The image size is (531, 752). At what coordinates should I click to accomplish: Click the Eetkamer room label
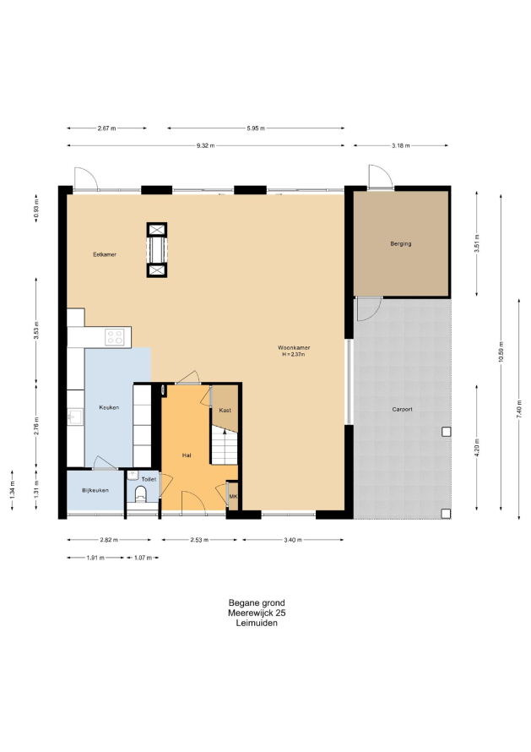[105, 254]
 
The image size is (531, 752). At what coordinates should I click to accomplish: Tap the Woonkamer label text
[294, 348]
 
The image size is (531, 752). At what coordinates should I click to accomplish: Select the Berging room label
[401, 243]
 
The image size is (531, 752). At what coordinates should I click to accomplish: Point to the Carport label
[402, 409]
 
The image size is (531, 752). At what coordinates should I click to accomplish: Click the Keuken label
[109, 407]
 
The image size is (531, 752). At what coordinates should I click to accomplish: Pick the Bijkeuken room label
[95, 491]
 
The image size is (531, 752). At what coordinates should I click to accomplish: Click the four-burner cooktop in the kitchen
[115, 336]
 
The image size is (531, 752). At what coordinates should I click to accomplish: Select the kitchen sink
[74, 417]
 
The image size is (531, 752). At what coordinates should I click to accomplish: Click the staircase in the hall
[225, 446]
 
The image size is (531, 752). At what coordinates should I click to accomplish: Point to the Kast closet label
[225, 410]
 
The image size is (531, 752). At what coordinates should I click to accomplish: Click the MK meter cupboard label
[233, 496]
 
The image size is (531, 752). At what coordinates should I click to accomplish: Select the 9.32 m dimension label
[206, 146]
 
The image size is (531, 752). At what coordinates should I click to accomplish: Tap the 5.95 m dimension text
[256, 128]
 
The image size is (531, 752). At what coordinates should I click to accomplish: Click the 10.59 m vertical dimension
[501, 352]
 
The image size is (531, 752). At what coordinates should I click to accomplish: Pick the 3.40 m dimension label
[293, 540]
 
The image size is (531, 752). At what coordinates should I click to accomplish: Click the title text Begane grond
[257, 602]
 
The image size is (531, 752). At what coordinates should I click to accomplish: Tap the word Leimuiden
[257, 623]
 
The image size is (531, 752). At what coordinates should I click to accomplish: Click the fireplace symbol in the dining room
[157, 250]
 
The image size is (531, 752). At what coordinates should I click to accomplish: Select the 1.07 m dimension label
[143, 558]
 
